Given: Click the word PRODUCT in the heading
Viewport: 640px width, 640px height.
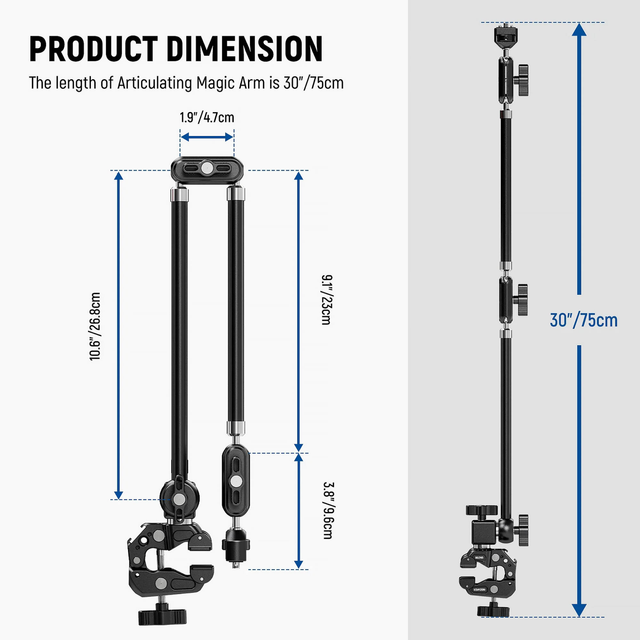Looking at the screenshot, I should [x=93, y=49].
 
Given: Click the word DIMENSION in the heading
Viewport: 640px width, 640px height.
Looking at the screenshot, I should [x=244, y=49].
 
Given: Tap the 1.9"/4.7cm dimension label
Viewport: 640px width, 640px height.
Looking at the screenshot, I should [x=207, y=118].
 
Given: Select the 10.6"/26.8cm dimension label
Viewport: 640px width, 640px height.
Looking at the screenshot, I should [x=95, y=326].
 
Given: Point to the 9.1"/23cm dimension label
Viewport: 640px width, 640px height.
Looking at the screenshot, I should [x=326, y=300].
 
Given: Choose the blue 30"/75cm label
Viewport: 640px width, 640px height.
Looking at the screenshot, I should [x=583, y=320].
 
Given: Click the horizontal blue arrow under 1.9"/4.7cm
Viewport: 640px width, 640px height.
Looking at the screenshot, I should [x=207, y=137].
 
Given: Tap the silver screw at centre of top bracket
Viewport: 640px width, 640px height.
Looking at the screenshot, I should [x=207, y=168].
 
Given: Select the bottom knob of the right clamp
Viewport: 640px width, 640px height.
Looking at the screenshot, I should [x=493, y=611].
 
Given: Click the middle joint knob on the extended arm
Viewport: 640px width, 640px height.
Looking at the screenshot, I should [x=522, y=300].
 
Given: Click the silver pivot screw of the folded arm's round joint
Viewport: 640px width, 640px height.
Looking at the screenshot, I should [x=180, y=499].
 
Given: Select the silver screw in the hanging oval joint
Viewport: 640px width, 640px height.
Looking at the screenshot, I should [x=236, y=480].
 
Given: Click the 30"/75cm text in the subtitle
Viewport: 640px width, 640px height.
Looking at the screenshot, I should [x=313, y=83].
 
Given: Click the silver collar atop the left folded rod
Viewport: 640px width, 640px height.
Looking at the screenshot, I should [x=179, y=194].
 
